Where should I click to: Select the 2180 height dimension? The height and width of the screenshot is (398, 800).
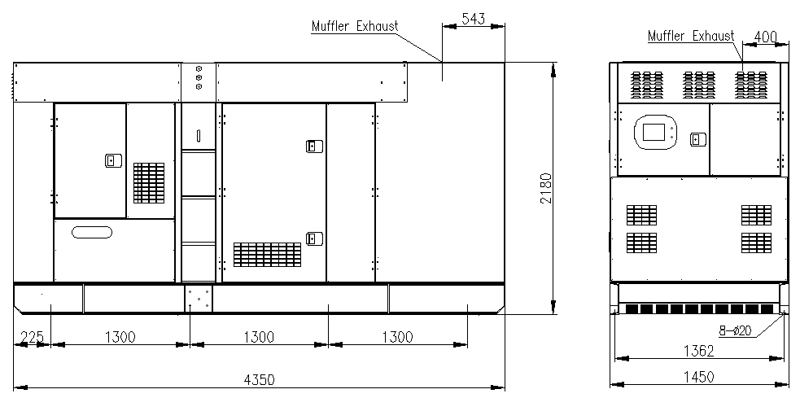pos(546,188)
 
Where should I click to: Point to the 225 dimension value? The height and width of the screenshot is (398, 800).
pos(32,337)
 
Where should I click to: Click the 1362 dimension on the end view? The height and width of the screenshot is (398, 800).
pos(699,352)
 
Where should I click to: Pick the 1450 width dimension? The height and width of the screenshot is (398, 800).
pos(699,376)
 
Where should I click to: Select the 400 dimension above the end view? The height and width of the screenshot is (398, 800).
pos(766,37)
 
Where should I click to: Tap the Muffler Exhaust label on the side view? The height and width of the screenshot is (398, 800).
pos(355,26)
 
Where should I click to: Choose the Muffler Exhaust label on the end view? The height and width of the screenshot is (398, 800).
pos(690,37)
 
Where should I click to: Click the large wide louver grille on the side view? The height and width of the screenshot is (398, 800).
pos(267,255)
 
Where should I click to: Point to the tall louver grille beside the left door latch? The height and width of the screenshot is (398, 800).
pos(149,183)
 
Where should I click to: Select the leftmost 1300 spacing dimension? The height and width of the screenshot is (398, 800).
pos(120,337)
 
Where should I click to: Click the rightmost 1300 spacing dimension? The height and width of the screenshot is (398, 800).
pos(397,337)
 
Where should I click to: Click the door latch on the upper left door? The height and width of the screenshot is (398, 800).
pos(111,161)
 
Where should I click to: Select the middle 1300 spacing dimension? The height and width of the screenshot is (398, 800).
pos(259,337)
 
